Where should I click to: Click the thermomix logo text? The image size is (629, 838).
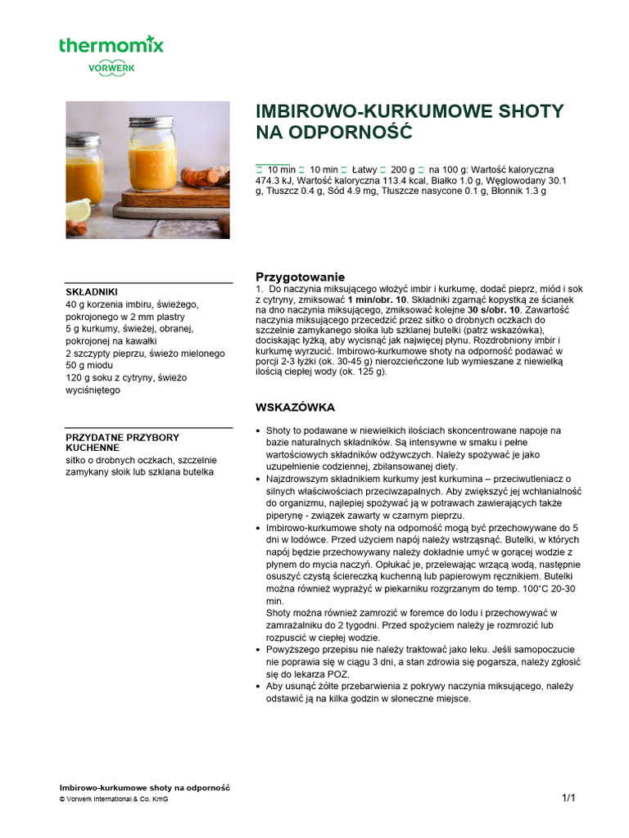(x=111, y=44)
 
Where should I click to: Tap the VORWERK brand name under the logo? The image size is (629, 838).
(x=111, y=70)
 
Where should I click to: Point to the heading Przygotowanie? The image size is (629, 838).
(x=301, y=277)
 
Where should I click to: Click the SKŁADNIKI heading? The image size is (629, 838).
(x=92, y=291)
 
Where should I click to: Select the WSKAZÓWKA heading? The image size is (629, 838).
(x=295, y=407)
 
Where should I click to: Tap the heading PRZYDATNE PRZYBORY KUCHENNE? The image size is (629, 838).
(x=122, y=443)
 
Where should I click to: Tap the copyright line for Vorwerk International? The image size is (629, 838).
(x=114, y=800)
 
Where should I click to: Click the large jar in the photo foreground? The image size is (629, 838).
(x=152, y=155)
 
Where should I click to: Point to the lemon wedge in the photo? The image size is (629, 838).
(x=78, y=209)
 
